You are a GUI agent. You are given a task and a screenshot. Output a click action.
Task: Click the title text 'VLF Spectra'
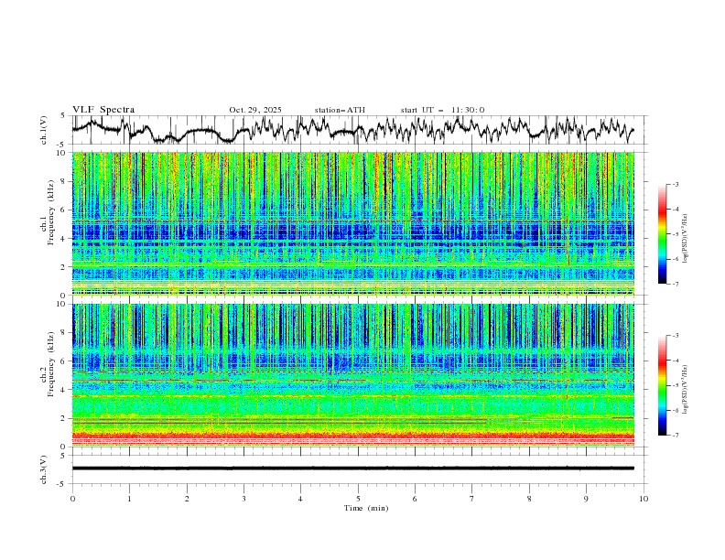pos(103,110)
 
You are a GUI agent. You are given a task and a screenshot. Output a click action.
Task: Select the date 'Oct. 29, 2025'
pos(255,110)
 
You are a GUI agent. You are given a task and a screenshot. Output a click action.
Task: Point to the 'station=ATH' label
pos(340,110)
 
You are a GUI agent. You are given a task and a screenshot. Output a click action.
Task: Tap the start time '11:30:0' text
pos(468,110)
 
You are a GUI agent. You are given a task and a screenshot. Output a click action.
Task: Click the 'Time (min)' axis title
pos(358,507)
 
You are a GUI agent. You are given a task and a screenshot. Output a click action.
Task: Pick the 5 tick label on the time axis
pos(358,498)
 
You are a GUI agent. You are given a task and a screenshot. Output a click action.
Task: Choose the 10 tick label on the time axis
pos(644,498)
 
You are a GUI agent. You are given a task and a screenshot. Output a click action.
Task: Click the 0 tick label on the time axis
pos(72,498)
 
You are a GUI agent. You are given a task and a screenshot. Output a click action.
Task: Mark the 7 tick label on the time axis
pos(472,498)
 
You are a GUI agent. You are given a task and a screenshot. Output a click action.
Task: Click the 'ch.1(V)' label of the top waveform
pos(44,130)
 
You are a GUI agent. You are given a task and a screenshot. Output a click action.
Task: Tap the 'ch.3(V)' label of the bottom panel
pos(44,468)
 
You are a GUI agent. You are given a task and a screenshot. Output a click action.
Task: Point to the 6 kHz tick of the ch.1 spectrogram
pos(61,210)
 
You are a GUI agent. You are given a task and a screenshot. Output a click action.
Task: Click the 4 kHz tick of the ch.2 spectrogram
pos(61,390)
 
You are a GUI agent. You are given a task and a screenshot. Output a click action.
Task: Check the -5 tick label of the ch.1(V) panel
pos(60,145)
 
